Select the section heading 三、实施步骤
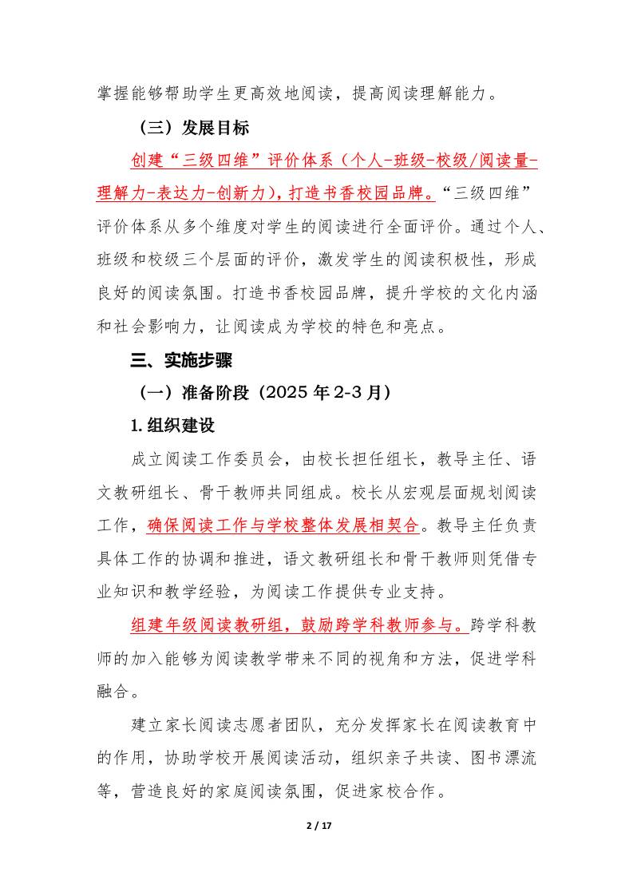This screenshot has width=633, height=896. [x=181, y=361]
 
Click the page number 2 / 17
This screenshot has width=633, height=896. [x=319, y=825]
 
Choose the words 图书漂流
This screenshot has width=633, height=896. [x=505, y=759]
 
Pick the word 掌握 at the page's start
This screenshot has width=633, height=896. [x=114, y=93]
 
